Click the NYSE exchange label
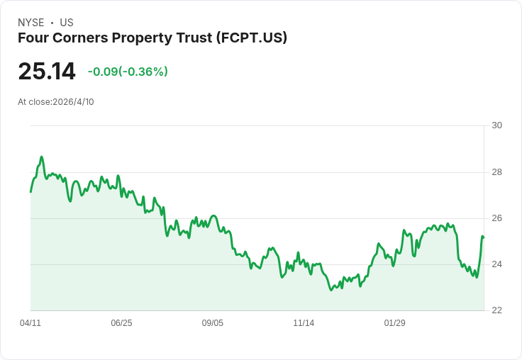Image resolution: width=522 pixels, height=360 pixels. (30, 23)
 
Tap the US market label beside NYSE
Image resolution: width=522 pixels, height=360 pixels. (66, 23)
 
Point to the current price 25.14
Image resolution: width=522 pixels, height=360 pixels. (47, 72)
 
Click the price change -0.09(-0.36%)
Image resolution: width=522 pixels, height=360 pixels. (128, 72)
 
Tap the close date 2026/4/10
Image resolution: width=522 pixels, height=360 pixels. (73, 102)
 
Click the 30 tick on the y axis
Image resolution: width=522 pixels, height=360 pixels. (496, 125)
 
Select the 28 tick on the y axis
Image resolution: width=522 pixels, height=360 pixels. (496, 172)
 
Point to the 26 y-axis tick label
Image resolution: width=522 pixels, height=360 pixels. (496, 218)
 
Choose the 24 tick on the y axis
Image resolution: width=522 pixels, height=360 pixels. (496, 264)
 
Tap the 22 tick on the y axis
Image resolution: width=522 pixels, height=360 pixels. (496, 310)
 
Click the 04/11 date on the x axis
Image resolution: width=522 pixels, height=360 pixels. (30, 323)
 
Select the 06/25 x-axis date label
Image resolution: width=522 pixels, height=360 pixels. (121, 323)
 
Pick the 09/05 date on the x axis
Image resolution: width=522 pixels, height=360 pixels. (213, 323)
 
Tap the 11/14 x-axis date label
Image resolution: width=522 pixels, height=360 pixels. (304, 323)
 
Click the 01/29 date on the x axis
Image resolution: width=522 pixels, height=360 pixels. (395, 323)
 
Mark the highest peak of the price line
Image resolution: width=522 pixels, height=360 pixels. (42, 157)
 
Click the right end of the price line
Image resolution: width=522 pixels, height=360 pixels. (483, 237)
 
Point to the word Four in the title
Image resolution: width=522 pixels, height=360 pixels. (33, 38)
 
